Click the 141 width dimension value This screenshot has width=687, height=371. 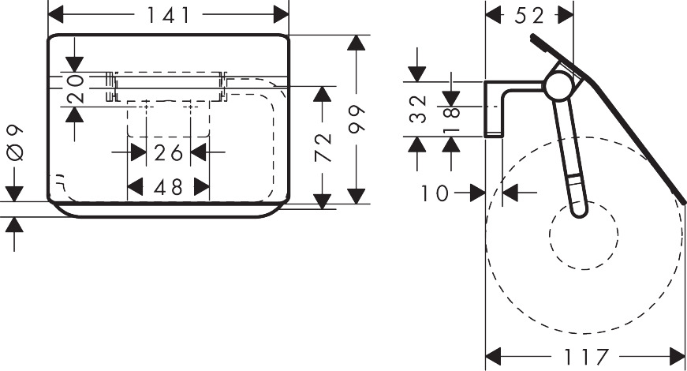coord(169,14)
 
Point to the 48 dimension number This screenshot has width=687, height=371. coord(169,187)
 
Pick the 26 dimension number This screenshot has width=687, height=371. coord(169,152)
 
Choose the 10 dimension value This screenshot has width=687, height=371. coord(435,192)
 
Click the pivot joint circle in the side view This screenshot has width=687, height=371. coord(558,85)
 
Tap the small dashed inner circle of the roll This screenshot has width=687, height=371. coord(583,238)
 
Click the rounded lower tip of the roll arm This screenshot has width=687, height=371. coord(579,208)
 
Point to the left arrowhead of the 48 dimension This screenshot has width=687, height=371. coord(135,187)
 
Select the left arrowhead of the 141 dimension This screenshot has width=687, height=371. coord(56,14)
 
